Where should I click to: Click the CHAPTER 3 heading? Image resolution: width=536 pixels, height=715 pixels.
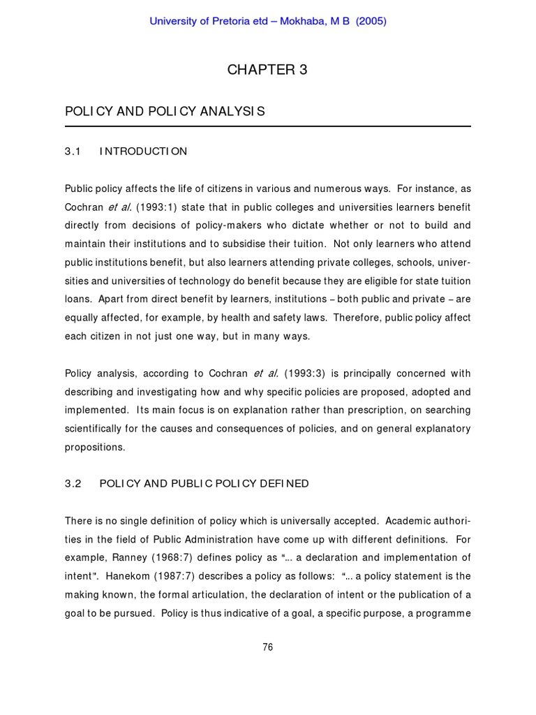[x=267, y=70]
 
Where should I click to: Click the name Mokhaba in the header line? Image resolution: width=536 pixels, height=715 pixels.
[x=307, y=21]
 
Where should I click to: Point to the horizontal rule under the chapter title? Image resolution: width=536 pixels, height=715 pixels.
[x=267, y=126]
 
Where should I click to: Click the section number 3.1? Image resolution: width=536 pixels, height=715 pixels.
[x=73, y=152]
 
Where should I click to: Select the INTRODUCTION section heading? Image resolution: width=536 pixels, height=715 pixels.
[x=143, y=152]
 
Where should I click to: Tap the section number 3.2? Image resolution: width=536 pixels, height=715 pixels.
[x=73, y=484]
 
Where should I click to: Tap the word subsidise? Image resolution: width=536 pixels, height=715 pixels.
[x=265, y=244]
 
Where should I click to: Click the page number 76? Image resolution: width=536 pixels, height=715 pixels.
[x=267, y=647]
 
